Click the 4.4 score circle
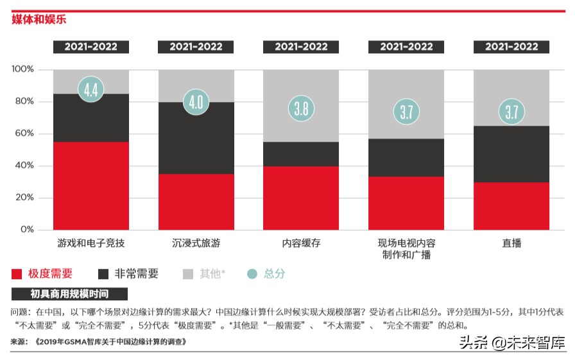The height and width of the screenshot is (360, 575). click(90, 89)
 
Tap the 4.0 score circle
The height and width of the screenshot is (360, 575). click(196, 101)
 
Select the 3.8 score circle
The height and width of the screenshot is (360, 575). click(301, 108)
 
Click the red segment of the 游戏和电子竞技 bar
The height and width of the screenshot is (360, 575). click(90, 185)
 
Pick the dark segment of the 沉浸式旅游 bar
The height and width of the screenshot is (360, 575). click(196, 138)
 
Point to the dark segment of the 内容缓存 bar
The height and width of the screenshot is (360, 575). click(301, 154)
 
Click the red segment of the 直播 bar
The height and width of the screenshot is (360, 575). click(511, 205)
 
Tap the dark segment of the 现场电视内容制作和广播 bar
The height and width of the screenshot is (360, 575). click(406, 157)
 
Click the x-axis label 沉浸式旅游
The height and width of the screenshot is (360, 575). click(196, 244)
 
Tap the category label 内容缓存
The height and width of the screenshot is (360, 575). click(301, 244)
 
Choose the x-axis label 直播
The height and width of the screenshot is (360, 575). click(511, 244)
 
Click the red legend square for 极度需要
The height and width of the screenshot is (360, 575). click(17, 274)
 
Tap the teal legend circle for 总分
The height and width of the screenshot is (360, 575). click(252, 274)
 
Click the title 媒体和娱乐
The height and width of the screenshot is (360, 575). click(39, 20)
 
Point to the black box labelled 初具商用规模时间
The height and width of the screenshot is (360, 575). click(69, 295)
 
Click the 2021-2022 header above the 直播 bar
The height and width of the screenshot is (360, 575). click(511, 47)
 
